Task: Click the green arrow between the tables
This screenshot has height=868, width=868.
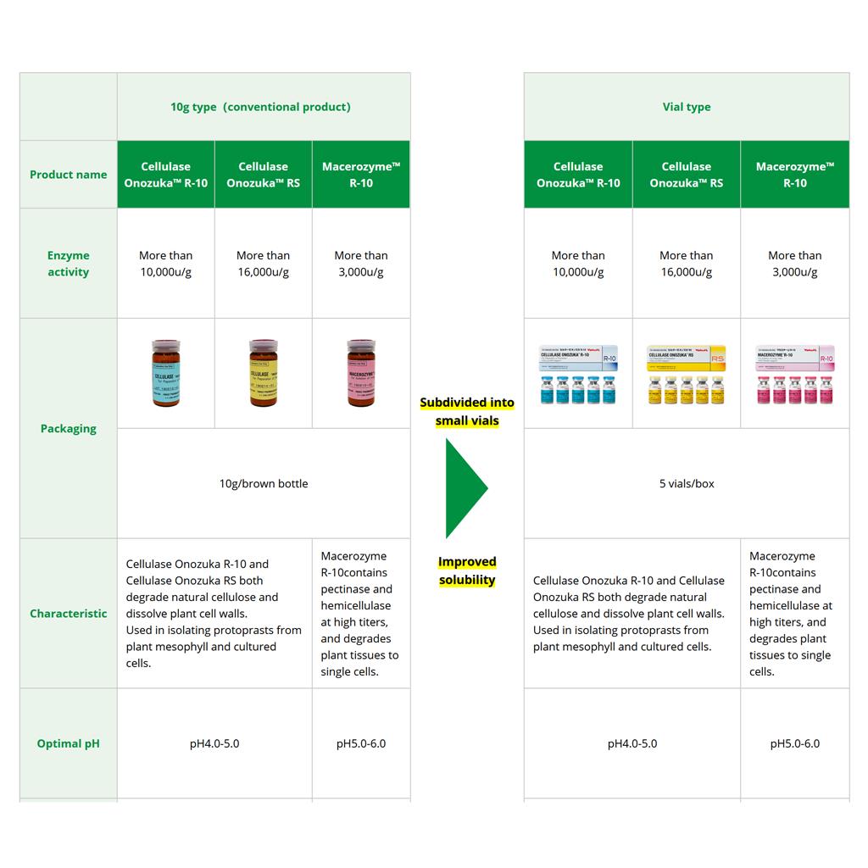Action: pos(465,487)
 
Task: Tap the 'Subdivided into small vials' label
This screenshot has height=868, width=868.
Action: pos(467,411)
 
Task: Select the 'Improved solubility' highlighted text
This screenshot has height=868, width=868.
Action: pos(467,570)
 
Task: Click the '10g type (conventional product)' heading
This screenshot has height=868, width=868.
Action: pos(260,107)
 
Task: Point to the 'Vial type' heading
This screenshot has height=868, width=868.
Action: pos(687,107)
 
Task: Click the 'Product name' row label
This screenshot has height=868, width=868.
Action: pos(69,175)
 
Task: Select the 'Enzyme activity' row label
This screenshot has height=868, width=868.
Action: pos(69,264)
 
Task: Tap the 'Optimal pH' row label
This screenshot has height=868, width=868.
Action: pos(69,743)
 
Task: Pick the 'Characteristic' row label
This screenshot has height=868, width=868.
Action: pos(69,613)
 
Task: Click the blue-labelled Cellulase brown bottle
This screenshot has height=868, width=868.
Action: pos(166,374)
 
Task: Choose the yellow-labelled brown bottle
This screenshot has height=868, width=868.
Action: pos(264,374)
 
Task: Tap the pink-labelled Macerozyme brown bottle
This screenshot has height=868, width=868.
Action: pos(361,374)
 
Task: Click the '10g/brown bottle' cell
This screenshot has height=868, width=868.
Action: pos(264,483)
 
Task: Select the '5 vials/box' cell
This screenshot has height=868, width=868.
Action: pos(687,483)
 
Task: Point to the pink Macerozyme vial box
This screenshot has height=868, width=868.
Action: pos(795,373)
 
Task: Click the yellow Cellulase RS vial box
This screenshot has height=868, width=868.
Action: pos(687,373)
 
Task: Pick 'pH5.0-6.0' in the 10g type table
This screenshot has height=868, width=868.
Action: pos(361,743)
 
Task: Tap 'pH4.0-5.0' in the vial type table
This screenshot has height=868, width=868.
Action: pos(632,743)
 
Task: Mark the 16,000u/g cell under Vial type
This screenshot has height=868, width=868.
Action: pos(687,264)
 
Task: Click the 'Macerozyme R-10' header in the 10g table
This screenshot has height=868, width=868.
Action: pos(361,175)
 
